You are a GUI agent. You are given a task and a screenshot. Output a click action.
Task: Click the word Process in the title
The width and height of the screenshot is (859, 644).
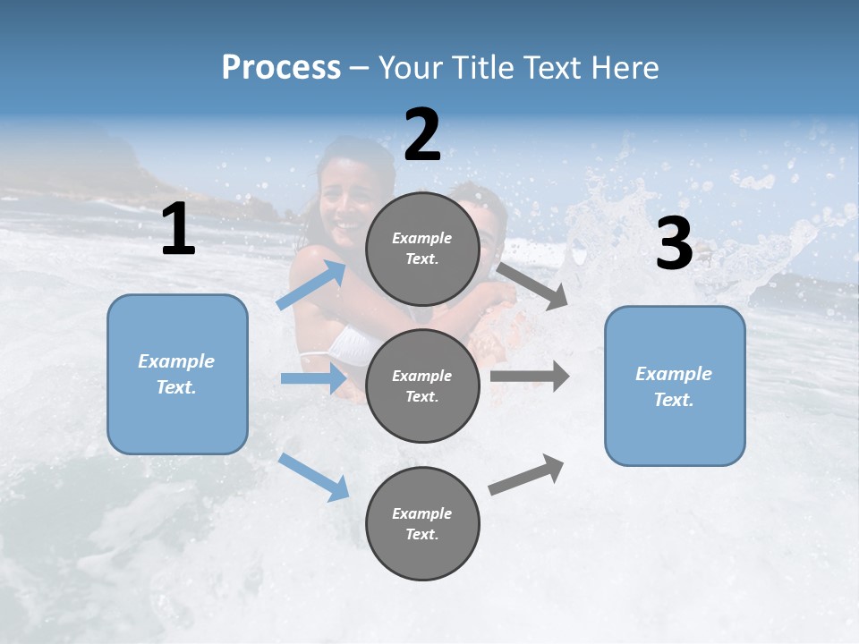pyautogui.click(x=281, y=68)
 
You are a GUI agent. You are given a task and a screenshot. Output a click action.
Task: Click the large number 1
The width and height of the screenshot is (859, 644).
pyautogui.click(x=178, y=230)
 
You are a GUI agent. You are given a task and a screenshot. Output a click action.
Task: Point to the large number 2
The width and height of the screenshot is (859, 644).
pyautogui.click(x=422, y=135)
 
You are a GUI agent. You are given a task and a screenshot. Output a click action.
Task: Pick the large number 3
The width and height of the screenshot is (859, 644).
pyautogui.click(x=674, y=244)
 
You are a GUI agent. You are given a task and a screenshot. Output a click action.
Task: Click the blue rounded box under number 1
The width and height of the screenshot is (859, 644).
pyautogui.click(x=177, y=374)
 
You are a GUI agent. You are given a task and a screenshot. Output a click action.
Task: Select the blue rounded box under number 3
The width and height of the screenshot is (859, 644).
pyautogui.click(x=675, y=386)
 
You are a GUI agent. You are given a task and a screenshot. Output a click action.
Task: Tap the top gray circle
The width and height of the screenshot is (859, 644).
pyautogui.click(x=422, y=249)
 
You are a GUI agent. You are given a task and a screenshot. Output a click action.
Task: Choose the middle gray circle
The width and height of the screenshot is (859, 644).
pyautogui.click(x=422, y=386)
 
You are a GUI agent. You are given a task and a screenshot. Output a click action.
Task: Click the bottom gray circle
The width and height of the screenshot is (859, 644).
pyautogui.click(x=422, y=523)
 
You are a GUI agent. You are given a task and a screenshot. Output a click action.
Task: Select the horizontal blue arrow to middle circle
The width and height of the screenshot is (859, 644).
pyautogui.click(x=313, y=379)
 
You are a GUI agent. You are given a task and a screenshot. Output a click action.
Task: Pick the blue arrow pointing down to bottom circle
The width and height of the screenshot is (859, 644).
pyautogui.click(x=314, y=477)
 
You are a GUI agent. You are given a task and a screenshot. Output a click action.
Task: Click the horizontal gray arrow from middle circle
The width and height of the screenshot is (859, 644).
pyautogui.click(x=530, y=376)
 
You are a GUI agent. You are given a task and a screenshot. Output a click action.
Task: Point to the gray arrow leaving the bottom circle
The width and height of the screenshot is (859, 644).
pyautogui.click(x=526, y=475)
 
